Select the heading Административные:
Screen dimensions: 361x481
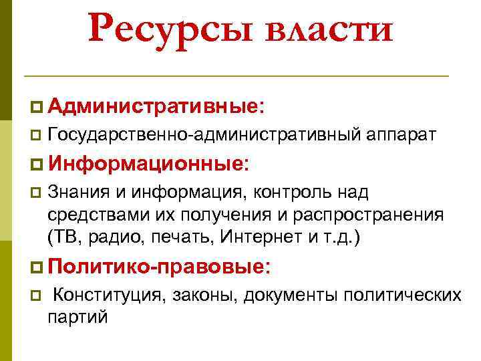[x=157, y=106]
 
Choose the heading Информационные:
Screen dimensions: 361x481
[x=148, y=164]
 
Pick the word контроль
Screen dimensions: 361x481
[x=299, y=193]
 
